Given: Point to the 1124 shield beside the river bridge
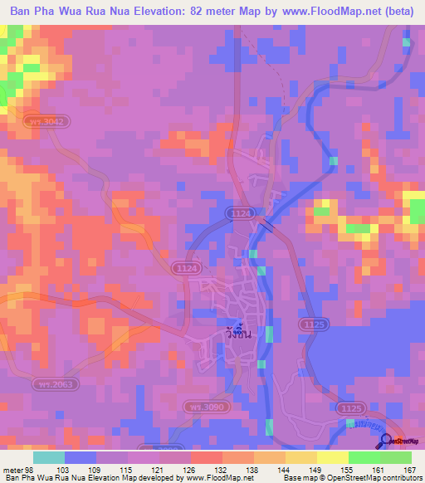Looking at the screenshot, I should tap(240, 214).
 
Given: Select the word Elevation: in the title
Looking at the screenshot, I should tap(157, 12).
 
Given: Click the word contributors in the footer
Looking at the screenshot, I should tap(398, 478).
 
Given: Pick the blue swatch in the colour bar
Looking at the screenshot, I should tap(80, 457).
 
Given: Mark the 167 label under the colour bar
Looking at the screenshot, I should tap(408, 469).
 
